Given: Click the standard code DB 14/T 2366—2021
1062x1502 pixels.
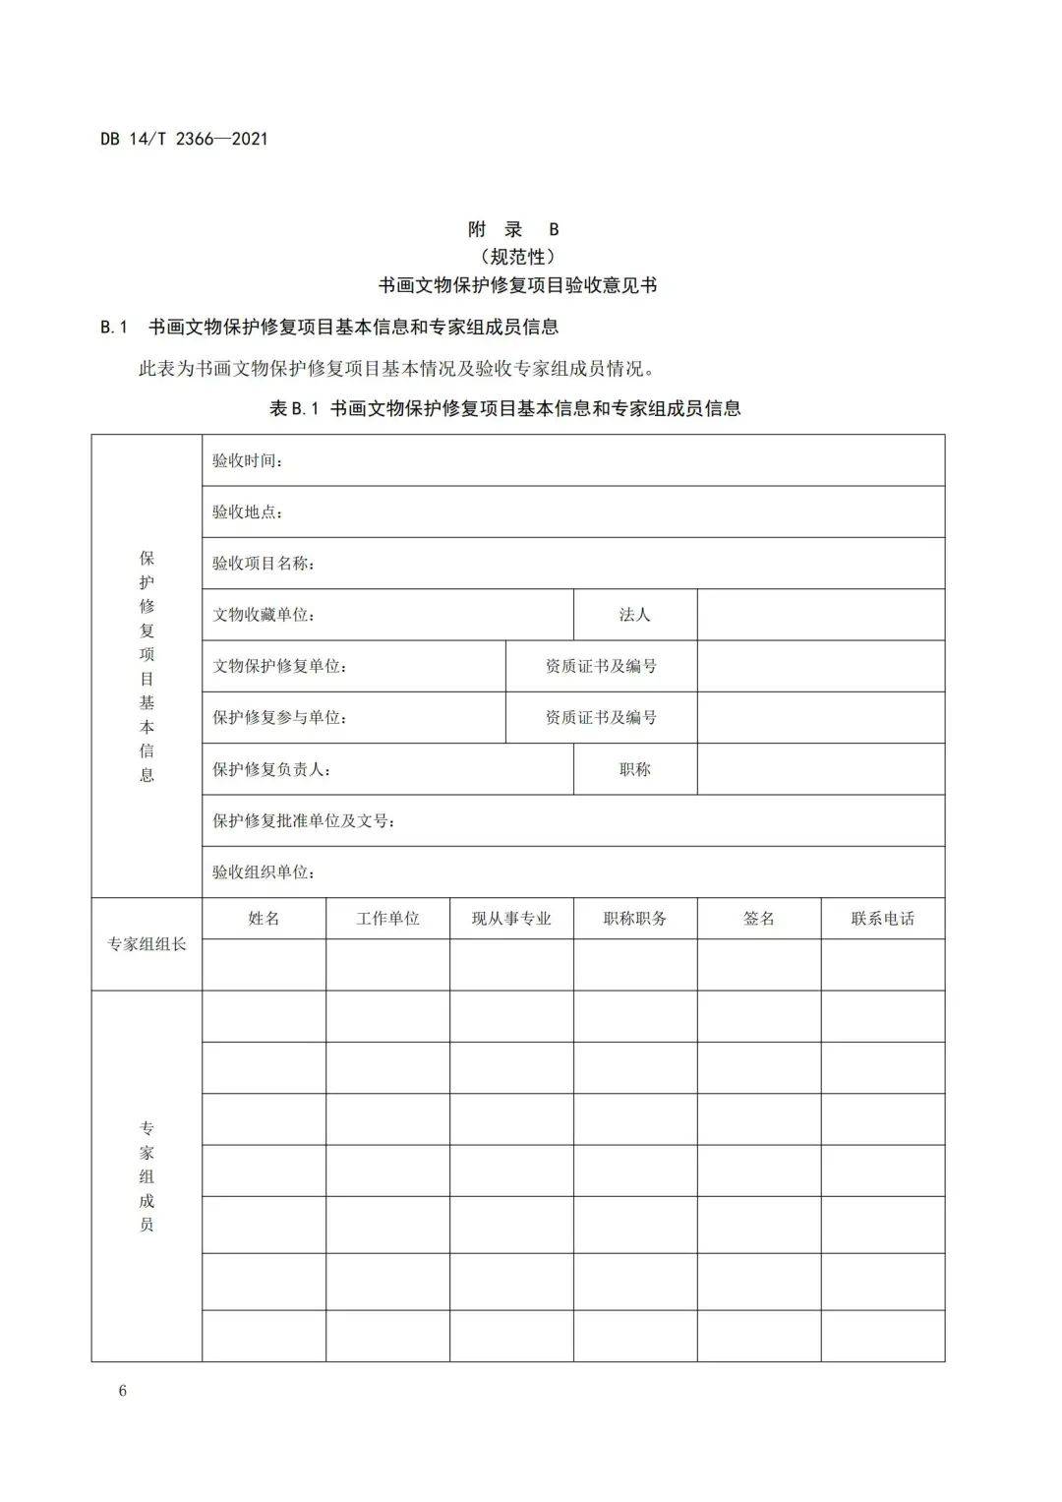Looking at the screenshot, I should point(184,139).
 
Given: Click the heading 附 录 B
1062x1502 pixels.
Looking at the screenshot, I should point(513,229).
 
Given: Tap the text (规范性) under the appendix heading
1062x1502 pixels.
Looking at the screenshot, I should point(519,257).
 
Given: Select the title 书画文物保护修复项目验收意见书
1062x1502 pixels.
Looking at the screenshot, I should point(518,285).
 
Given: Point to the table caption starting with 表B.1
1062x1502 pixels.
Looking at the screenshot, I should point(504,408).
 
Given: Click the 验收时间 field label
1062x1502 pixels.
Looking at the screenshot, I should point(248,460).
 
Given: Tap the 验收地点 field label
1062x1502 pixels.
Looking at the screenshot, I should point(248,511).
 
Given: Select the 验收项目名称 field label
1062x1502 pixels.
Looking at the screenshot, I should point(264,564).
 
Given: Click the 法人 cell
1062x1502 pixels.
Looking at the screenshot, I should point(635,615).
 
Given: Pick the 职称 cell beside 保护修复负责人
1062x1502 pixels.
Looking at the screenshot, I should point(635,769).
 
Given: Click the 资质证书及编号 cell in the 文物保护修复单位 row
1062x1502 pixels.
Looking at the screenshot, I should point(601,666).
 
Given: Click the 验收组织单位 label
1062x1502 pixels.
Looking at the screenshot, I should point(264,872).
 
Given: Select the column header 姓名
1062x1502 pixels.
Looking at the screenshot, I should point(264,919).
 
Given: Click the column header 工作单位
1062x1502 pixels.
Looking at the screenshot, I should point(387,919).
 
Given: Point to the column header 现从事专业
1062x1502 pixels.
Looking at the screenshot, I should point(511,919).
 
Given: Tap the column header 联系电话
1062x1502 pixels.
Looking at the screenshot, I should point(882,919).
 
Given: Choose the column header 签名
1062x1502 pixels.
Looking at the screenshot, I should point(759,919).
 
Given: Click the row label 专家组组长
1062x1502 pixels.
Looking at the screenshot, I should point(147,944).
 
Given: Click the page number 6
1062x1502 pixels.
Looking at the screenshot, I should point(122,1391).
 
